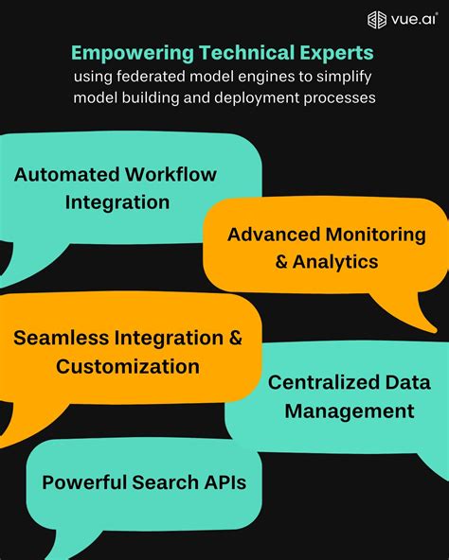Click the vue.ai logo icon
coord(378,19)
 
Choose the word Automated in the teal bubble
coord(66,175)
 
